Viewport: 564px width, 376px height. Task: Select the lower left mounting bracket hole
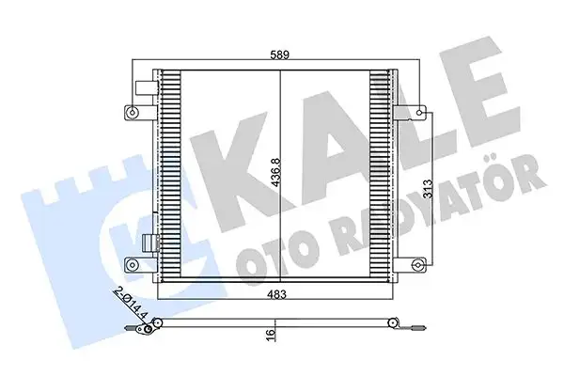129,264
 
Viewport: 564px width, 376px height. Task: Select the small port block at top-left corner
145,86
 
